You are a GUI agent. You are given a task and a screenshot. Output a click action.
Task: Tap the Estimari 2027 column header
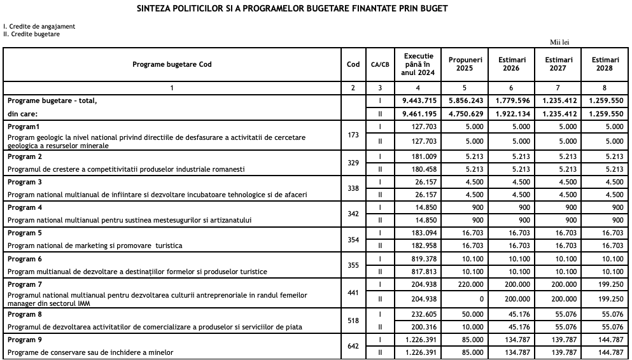point(558,64)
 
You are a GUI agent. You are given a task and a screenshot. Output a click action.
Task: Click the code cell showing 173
point(353,135)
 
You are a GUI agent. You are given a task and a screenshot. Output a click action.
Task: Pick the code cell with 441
point(353,293)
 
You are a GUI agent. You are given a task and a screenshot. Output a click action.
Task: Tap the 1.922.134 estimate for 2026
point(512,114)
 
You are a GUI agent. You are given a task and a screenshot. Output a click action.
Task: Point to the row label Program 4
point(25,207)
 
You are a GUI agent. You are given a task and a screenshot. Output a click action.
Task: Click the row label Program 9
point(25,340)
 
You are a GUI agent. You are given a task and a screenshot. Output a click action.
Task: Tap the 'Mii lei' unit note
point(559,43)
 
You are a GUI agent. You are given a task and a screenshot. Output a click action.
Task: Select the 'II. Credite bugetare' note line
point(32,34)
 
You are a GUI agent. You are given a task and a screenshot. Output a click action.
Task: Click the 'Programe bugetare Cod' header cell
point(172,64)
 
